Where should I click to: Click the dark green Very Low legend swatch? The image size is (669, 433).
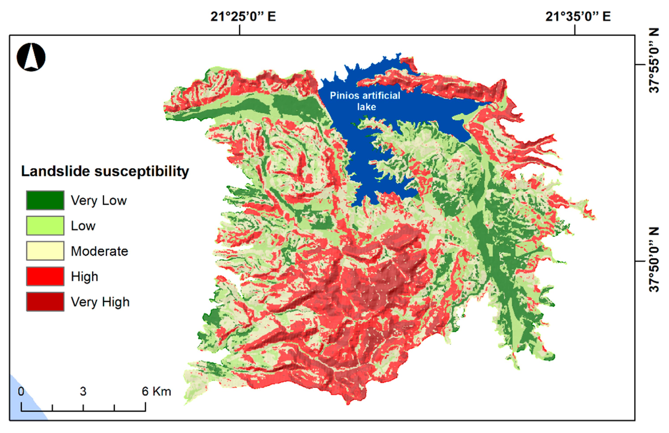(45, 200)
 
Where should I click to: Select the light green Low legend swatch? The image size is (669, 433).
(45, 225)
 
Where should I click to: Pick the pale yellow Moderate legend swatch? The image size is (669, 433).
(45, 251)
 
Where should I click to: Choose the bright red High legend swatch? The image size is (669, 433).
(45, 276)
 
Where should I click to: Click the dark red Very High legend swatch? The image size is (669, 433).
(45, 302)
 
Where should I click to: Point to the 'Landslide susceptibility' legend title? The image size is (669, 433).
(105, 171)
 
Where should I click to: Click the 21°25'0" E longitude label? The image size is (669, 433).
(243, 17)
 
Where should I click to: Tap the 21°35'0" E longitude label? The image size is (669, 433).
(578, 17)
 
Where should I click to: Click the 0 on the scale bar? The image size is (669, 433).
(21, 391)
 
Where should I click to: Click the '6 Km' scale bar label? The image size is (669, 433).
(156, 391)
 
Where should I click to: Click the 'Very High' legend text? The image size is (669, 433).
(100, 302)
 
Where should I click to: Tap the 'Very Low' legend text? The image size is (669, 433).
(99, 201)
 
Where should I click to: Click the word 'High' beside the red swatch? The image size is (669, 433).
(84, 277)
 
